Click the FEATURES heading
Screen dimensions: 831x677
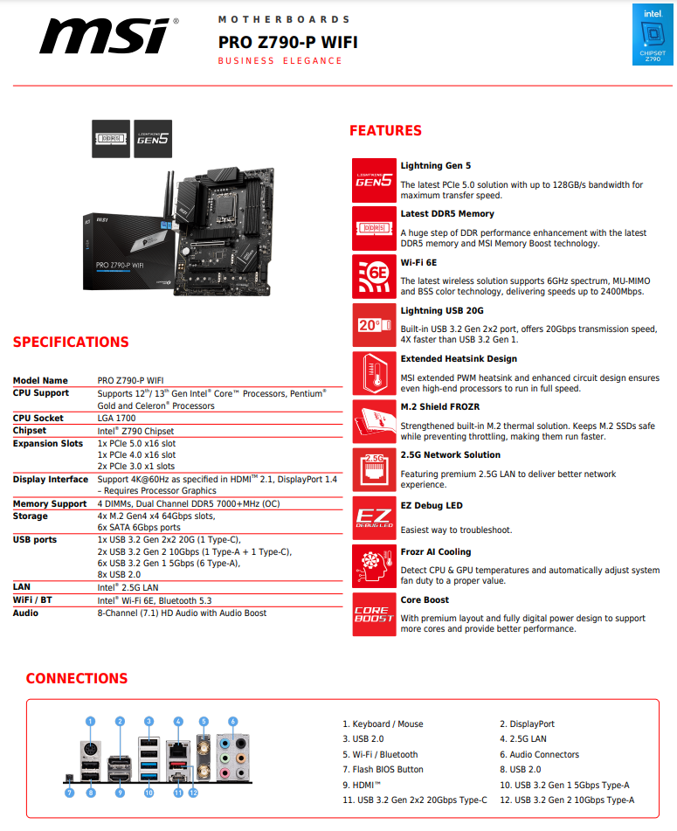click(385, 131)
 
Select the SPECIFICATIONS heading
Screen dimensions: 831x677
click(71, 343)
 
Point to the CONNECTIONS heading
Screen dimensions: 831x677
click(77, 679)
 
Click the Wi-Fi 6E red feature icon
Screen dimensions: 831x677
click(374, 276)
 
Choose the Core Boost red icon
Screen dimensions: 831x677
click(374, 614)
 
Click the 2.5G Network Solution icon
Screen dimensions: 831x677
click(374, 469)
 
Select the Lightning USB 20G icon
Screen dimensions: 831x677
click(374, 325)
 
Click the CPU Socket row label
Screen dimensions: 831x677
click(38, 419)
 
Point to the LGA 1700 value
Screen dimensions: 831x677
click(117, 419)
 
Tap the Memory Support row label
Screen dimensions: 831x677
click(50, 504)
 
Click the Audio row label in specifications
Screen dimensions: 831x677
click(26, 613)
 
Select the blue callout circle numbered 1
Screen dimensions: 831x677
click(90, 722)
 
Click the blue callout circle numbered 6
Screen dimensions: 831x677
click(232, 722)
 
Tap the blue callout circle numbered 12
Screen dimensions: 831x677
click(194, 793)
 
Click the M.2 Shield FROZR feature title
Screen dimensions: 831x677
click(439, 407)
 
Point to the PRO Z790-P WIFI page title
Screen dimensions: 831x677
click(287, 42)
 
